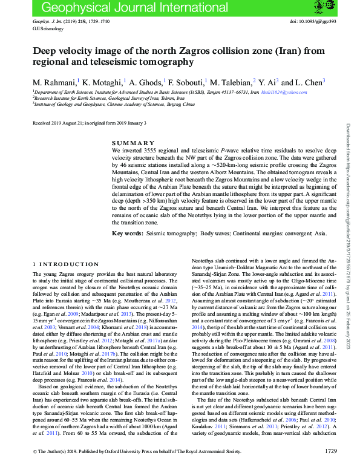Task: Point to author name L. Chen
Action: tap(310, 82)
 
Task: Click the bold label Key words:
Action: tap(128, 233)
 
